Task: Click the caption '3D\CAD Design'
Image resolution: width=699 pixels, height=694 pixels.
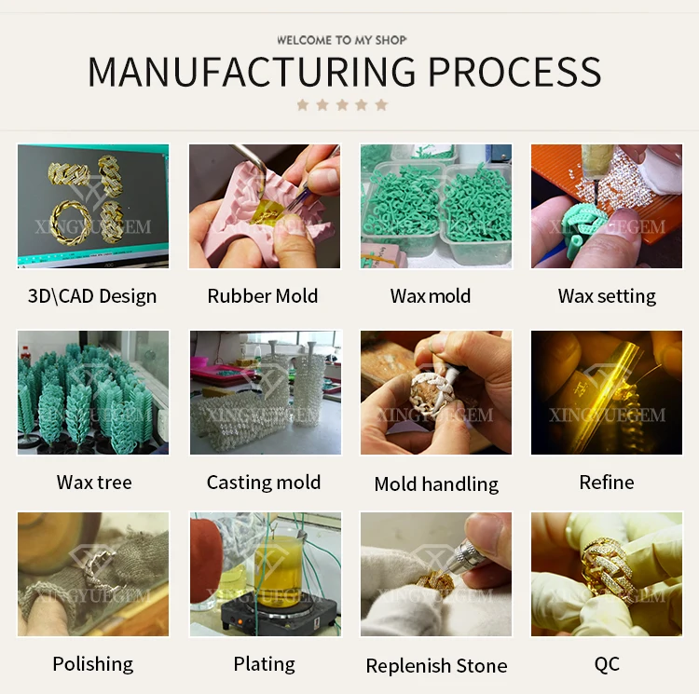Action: (92, 296)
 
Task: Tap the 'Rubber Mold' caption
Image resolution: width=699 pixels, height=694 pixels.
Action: (263, 296)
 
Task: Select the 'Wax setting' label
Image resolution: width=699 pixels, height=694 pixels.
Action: (607, 296)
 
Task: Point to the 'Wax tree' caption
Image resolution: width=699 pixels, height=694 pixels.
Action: (94, 483)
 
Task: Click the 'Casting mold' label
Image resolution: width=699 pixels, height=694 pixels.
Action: (264, 483)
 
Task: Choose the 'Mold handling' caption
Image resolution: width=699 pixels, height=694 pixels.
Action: (436, 483)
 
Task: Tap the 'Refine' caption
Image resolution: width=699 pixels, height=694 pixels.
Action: (607, 483)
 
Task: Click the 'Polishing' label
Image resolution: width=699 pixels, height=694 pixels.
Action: (93, 664)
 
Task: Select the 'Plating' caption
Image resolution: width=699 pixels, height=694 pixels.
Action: (264, 664)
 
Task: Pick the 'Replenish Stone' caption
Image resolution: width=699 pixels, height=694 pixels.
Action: (436, 665)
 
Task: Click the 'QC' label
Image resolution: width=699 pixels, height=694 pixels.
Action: (607, 664)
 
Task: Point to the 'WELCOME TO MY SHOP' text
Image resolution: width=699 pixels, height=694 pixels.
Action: (342, 40)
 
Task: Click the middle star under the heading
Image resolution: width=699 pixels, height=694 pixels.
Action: (342, 105)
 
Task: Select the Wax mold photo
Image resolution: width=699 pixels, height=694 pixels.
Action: (436, 207)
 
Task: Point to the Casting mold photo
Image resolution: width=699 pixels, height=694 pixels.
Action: (266, 392)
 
